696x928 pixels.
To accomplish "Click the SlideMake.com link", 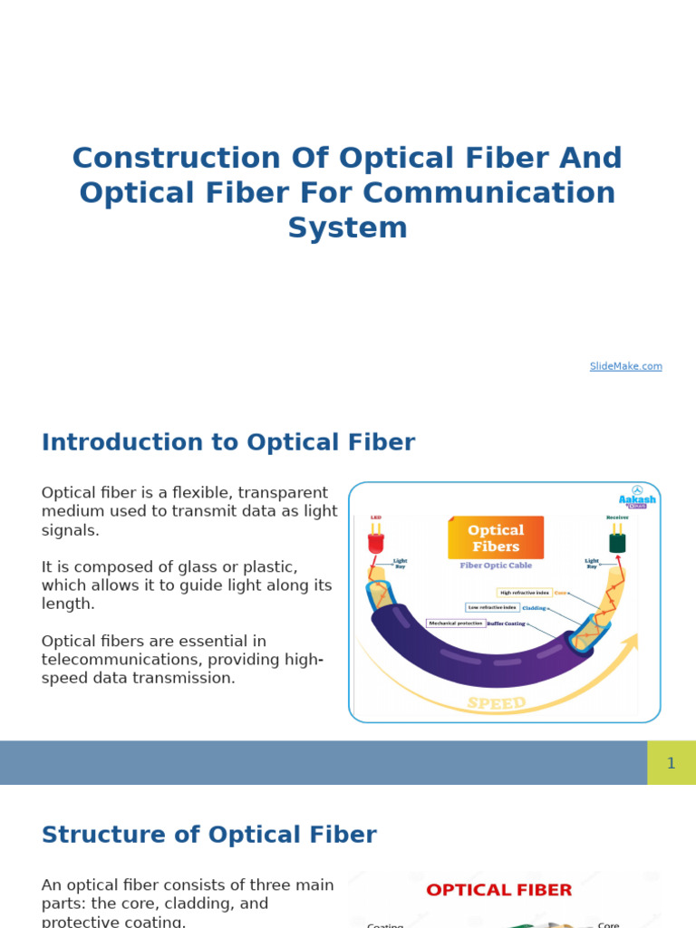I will [x=625, y=366].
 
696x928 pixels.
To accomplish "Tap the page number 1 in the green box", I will [x=671, y=763].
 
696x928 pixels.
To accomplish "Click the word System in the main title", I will [x=347, y=227].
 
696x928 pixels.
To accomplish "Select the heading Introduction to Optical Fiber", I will [x=228, y=442].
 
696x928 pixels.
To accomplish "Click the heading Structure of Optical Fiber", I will [x=209, y=835].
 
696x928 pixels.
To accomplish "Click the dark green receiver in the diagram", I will [x=617, y=541].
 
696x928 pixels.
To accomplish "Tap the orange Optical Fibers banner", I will [x=496, y=537].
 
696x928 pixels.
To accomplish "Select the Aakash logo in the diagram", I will [x=637, y=497].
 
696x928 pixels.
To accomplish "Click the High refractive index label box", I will [x=524, y=593].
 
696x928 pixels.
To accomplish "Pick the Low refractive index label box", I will [x=492, y=607].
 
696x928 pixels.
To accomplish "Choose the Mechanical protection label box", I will [x=456, y=623].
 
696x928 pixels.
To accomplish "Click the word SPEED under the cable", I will [x=496, y=703].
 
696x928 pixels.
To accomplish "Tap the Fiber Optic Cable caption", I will [x=496, y=565].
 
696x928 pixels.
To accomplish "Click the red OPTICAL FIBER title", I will [x=499, y=890].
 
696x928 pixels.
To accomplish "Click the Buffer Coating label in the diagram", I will [x=507, y=623].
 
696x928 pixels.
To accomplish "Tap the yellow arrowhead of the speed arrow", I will [x=630, y=642].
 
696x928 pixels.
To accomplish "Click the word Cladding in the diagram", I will [x=534, y=608].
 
